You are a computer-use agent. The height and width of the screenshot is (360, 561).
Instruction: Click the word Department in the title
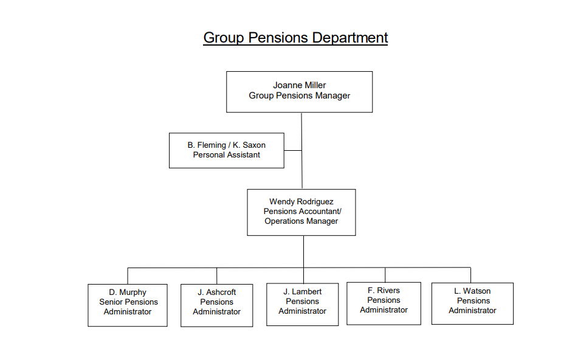[349, 38]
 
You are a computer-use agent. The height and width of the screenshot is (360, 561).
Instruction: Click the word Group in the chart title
[223, 38]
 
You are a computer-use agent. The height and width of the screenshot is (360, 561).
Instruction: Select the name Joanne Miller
[300, 85]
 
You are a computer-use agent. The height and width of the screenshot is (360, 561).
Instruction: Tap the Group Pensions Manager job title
[300, 95]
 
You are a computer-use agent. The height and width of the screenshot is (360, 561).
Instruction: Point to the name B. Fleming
[207, 145]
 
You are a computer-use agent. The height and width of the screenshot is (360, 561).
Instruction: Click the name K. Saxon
[249, 145]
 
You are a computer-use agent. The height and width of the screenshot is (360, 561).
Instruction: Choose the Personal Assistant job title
[227, 155]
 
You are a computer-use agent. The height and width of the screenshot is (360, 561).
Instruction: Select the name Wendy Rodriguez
[301, 202]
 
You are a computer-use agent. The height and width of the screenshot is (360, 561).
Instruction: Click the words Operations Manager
[301, 221]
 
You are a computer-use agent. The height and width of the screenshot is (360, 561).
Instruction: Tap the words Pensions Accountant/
[303, 212]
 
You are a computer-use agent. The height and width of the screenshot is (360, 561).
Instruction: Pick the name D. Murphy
[128, 292]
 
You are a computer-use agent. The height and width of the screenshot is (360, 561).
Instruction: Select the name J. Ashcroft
[217, 292]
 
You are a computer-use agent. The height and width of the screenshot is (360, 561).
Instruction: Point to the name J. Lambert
[302, 292]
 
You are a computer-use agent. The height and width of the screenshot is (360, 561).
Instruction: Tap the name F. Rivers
[384, 291]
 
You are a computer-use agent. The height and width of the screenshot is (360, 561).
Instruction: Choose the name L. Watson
[472, 291]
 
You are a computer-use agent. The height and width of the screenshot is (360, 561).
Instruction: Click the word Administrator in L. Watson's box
[472, 311]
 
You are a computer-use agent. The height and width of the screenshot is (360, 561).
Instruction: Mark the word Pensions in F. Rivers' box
[384, 300]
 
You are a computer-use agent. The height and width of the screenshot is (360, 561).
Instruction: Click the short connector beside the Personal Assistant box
[293, 150]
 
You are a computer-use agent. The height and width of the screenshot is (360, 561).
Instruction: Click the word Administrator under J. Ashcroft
[217, 312]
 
